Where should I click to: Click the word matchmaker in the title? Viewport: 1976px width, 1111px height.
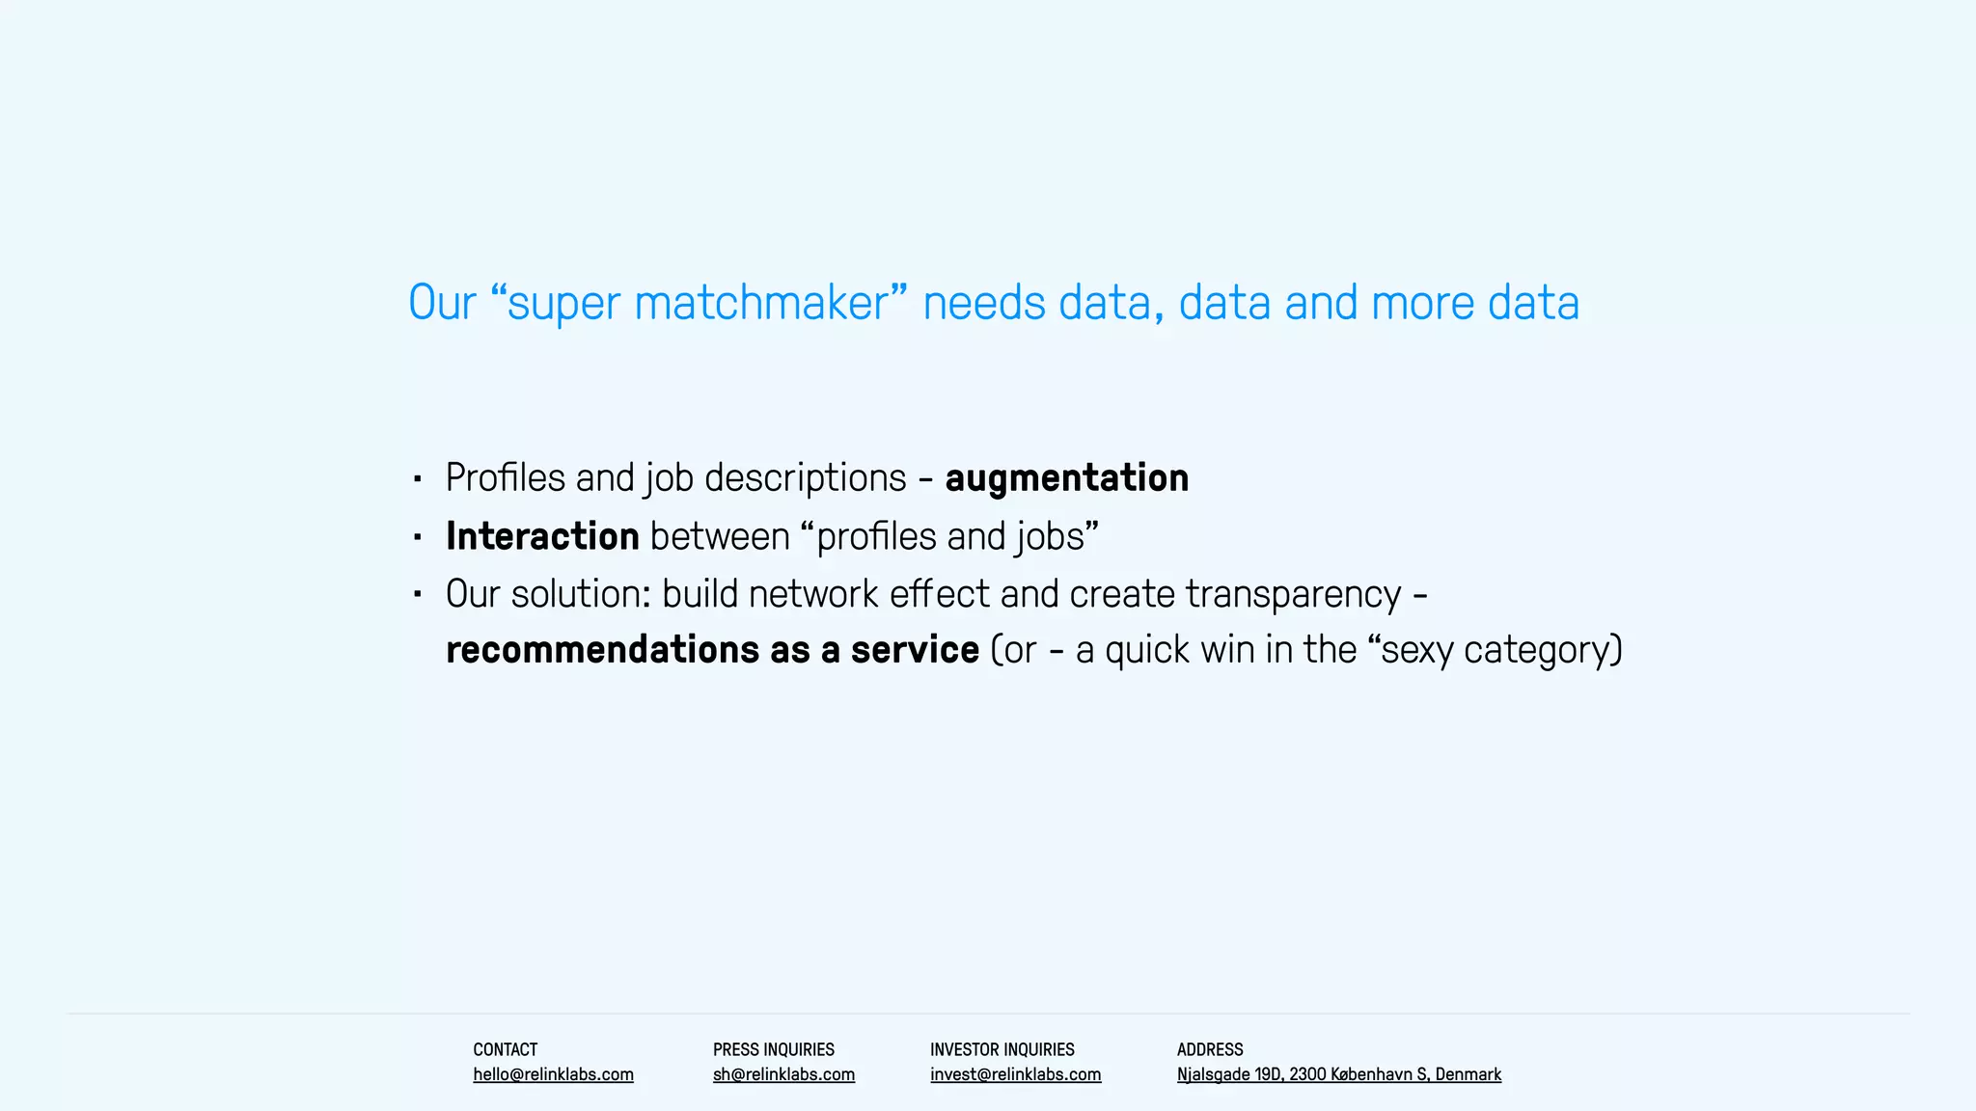point(760,303)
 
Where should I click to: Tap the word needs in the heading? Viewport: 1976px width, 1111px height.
point(984,303)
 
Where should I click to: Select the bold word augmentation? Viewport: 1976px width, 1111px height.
point(1066,478)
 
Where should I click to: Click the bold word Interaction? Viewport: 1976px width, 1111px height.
point(542,536)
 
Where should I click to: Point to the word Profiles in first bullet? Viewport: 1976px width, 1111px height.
point(505,478)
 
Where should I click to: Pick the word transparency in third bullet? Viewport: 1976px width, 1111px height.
point(1293,595)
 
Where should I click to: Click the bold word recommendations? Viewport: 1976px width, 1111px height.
point(602,650)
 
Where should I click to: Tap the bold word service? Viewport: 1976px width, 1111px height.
point(915,650)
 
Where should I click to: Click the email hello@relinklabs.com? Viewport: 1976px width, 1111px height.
point(553,1074)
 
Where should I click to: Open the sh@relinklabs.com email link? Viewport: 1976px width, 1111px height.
point(783,1074)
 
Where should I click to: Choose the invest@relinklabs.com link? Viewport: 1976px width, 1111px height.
point(1015,1074)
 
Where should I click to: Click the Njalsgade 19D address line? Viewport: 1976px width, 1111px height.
point(1338,1074)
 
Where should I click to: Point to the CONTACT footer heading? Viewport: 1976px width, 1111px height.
point(505,1049)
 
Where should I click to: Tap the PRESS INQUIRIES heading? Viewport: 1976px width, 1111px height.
point(773,1049)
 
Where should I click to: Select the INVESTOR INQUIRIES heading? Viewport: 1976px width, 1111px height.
point(1002,1049)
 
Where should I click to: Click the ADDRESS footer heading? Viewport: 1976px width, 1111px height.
point(1210,1049)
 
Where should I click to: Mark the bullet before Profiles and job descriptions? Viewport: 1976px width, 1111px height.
point(418,478)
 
